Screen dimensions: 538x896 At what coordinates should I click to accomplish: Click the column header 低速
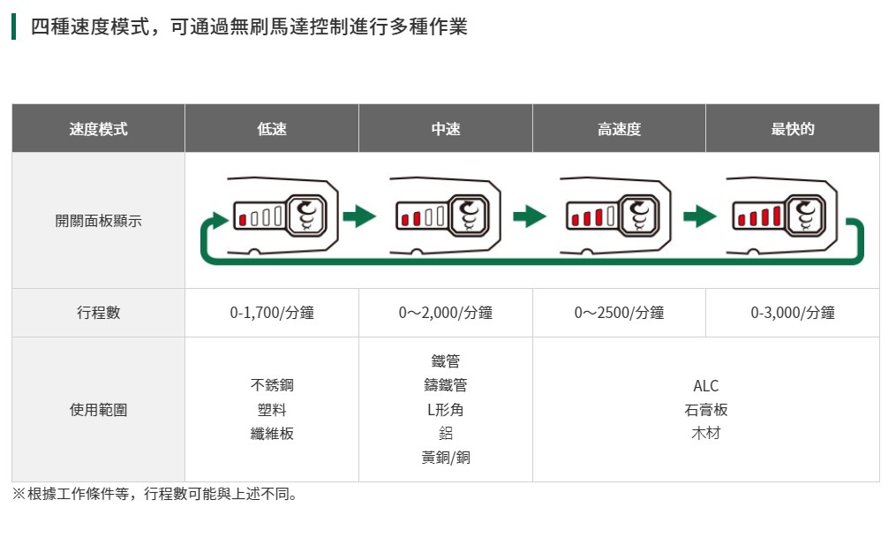pos(272,129)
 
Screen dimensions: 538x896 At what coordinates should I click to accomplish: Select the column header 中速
pos(446,129)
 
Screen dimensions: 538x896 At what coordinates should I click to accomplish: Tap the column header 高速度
pos(619,129)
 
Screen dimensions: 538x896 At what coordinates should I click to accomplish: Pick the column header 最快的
pos(792,129)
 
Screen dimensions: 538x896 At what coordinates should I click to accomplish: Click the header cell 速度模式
pos(98,129)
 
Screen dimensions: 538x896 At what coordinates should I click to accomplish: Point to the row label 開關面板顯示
pos(98,221)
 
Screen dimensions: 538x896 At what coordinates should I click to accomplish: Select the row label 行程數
pos(98,313)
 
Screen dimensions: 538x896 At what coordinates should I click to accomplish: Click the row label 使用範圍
pos(98,410)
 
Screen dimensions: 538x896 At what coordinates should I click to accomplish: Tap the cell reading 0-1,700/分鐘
pos(272,313)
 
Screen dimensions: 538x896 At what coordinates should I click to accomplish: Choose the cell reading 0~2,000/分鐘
pos(446,313)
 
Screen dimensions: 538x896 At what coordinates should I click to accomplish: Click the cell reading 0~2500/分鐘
pos(619,313)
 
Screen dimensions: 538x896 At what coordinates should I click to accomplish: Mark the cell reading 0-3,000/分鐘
pos(792,313)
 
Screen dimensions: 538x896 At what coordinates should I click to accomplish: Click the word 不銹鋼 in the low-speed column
pos(272,386)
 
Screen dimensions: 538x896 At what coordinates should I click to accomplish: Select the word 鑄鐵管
pos(446,386)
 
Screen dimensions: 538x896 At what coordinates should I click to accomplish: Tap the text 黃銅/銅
pos(446,458)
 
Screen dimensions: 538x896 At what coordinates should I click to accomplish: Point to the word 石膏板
pos(706,410)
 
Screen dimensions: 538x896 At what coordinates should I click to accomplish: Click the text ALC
pos(706,386)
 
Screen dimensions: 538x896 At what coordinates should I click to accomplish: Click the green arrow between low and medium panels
pos(359,216)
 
